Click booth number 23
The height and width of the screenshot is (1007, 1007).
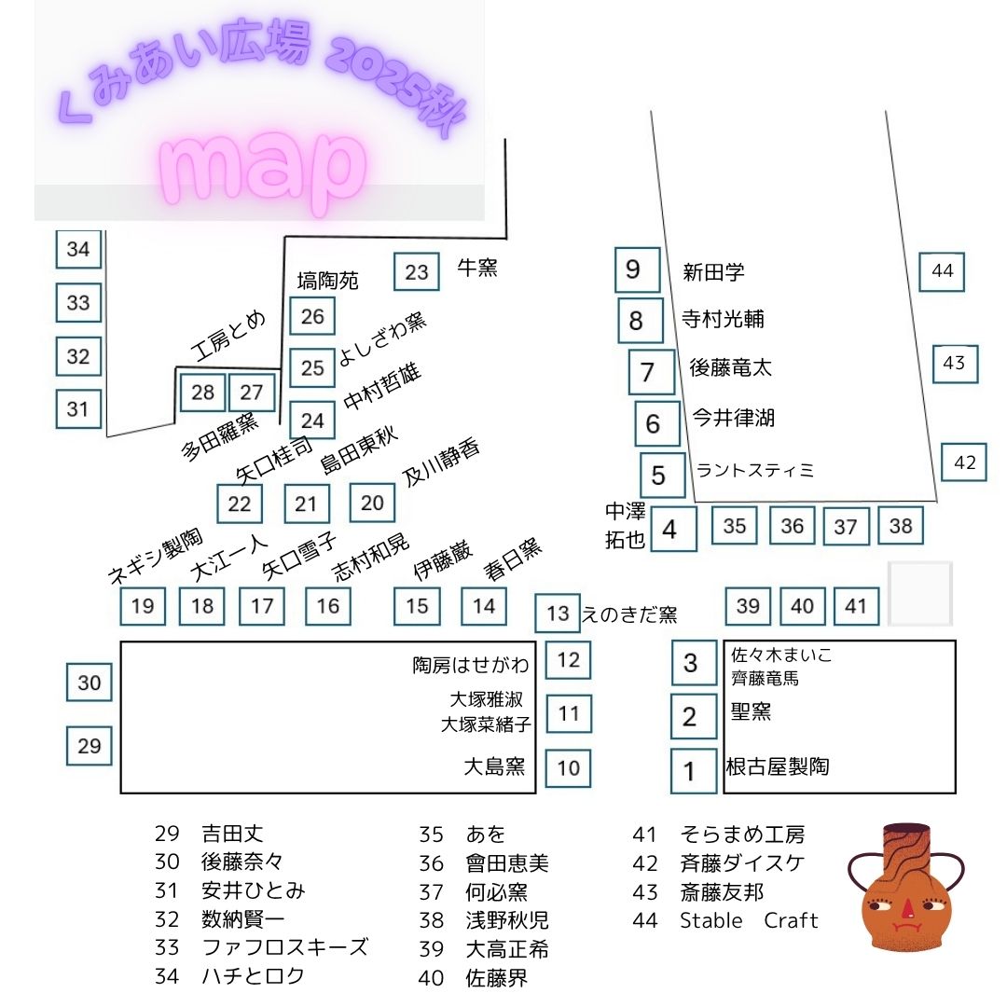[417, 272]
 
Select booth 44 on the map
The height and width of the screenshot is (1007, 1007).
[942, 271]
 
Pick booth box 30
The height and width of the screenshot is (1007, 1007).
[90, 683]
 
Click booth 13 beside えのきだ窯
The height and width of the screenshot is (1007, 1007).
[558, 614]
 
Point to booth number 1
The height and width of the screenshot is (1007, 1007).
[690, 771]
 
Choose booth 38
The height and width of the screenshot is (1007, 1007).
[901, 526]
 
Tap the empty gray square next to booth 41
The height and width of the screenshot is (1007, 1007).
[919, 593]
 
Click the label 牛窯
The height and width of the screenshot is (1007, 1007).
[476, 269]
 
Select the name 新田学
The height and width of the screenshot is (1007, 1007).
[713, 272]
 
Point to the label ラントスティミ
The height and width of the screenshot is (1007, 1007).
[755, 471]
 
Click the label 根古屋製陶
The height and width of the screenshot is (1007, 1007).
[777, 767]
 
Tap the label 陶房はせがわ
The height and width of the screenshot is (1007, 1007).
[471, 665]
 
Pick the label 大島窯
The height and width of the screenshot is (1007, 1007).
[494, 767]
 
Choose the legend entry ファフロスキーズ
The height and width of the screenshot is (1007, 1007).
[284, 947]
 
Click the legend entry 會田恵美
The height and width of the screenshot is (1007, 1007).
[507, 862]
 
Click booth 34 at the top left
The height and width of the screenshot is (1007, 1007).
[78, 250]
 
